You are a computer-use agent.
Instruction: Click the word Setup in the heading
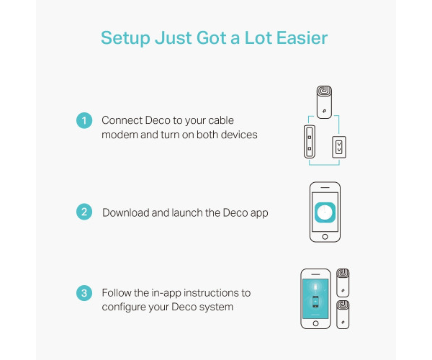(125, 39)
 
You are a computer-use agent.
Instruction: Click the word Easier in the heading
(302, 37)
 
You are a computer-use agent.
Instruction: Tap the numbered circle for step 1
(84, 120)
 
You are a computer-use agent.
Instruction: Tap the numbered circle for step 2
(84, 212)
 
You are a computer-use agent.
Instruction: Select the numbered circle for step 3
(84, 293)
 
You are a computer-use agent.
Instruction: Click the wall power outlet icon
(339, 147)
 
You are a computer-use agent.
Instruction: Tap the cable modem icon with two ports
(310, 142)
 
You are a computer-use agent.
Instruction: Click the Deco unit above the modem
(324, 102)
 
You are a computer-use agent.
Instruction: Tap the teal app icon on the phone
(325, 212)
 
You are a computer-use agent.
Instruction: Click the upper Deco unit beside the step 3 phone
(343, 283)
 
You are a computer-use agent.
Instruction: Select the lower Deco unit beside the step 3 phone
(343, 315)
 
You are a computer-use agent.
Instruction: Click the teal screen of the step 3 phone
(315, 299)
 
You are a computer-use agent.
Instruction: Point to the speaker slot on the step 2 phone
(325, 188)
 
